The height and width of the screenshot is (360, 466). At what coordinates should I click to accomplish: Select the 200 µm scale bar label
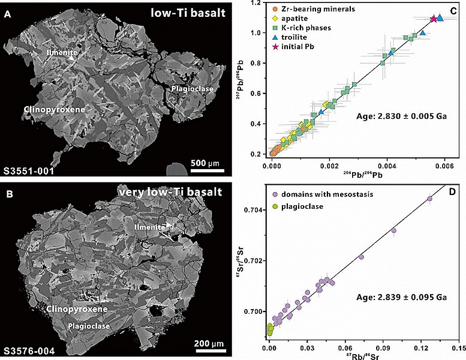tap(209, 343)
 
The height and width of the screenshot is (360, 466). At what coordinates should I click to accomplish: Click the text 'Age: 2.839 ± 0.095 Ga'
tap(390, 297)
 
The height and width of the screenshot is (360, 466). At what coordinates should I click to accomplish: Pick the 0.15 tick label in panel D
tap(458, 347)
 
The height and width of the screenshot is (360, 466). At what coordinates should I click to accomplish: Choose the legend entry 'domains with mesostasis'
tap(329, 195)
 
